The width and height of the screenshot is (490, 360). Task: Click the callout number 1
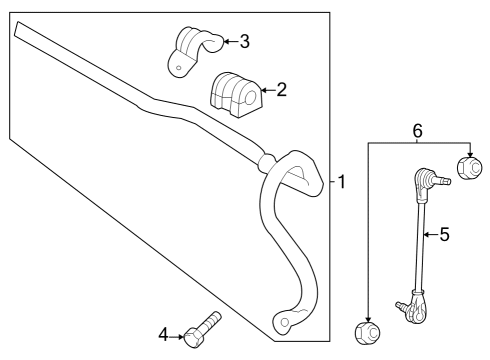point(341,183)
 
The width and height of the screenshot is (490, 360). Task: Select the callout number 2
point(281,90)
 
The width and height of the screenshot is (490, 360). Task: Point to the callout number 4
point(163,333)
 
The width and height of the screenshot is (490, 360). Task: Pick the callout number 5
point(445,235)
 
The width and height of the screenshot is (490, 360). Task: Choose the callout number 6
point(418,130)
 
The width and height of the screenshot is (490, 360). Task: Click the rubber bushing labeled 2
point(234,92)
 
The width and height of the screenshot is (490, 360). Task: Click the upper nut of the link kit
point(466,166)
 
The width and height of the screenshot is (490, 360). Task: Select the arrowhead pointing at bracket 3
point(222,41)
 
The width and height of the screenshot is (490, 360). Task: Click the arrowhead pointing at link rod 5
point(425,235)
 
